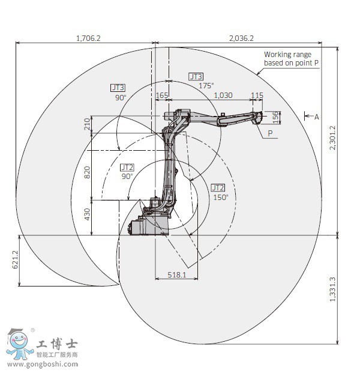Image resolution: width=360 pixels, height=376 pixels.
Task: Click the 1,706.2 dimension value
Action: tap(88, 38)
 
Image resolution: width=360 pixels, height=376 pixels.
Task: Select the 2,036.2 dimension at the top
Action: tap(241, 38)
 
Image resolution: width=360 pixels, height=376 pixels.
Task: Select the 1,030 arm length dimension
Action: tap(223, 96)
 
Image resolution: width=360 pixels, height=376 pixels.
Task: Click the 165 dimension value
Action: tap(162, 96)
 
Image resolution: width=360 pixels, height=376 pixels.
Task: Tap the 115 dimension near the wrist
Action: tap(257, 96)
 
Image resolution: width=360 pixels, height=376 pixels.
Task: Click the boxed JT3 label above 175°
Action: tap(196, 76)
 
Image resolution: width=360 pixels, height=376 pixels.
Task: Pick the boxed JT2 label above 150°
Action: tap(217, 187)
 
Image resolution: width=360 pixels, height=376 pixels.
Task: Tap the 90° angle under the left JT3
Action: tap(121, 97)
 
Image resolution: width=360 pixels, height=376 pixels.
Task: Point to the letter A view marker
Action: tap(316, 117)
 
